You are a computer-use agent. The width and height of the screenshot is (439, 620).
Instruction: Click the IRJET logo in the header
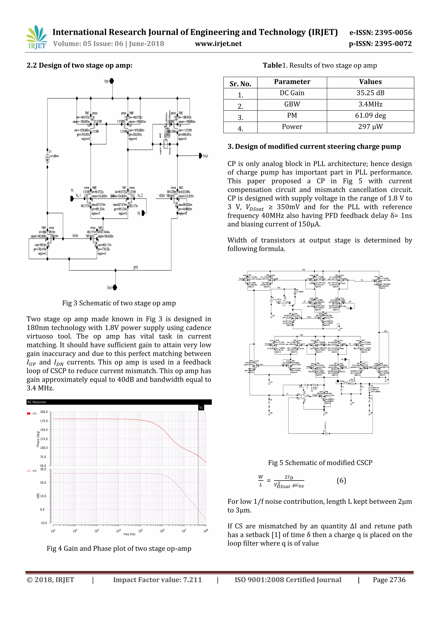36,37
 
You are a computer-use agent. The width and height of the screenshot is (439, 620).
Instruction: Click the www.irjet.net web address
218,44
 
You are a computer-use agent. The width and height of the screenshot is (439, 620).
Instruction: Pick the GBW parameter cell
292,104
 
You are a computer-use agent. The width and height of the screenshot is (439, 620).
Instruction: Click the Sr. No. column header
240,84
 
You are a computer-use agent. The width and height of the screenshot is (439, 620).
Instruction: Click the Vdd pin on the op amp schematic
112,81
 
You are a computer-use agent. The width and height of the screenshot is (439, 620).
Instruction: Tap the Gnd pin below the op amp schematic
115,287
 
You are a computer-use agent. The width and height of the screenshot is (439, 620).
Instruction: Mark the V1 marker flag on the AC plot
201,407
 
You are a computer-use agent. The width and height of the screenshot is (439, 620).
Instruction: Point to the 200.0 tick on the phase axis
44,412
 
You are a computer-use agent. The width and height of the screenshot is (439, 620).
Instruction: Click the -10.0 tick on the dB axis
44,523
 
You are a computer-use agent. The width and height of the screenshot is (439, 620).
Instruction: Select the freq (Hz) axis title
129,534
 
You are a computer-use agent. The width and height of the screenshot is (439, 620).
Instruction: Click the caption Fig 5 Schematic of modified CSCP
320,463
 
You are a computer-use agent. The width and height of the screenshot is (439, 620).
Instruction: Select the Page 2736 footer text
389,580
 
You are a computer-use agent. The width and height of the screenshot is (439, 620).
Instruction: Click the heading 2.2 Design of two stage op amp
80,65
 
